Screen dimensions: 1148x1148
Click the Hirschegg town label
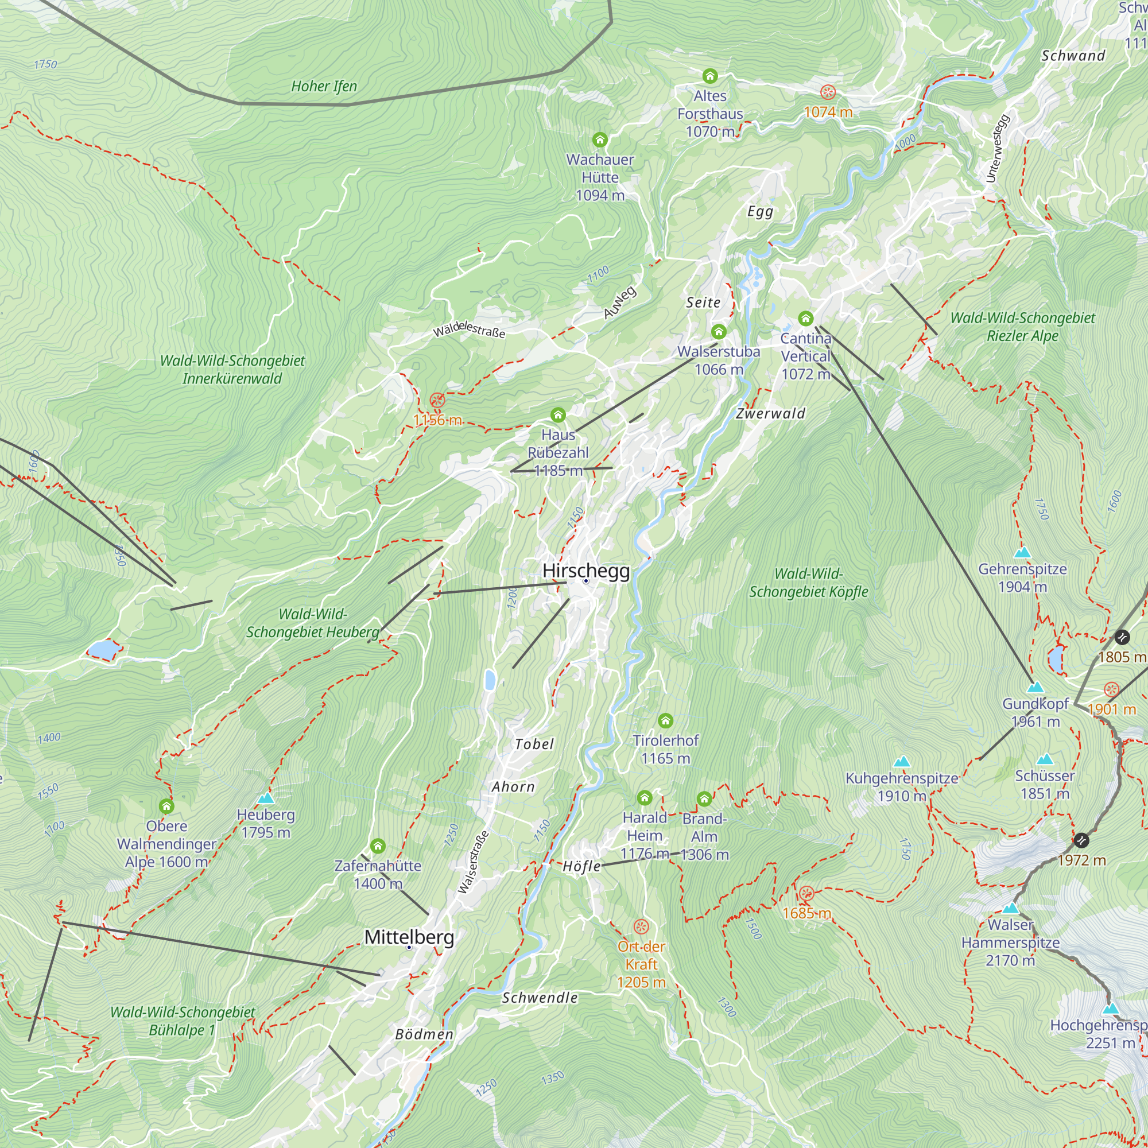(586, 571)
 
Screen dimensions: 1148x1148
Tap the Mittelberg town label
(409, 937)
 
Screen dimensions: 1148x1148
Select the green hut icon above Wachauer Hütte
(600, 140)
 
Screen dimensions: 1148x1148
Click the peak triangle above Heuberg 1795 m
(266, 798)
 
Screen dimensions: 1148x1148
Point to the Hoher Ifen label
(324, 86)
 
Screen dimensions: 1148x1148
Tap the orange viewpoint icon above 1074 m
(828, 92)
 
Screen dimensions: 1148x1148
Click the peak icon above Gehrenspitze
(1022, 553)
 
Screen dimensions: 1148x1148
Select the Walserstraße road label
(474, 862)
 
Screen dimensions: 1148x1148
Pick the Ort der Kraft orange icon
(641, 927)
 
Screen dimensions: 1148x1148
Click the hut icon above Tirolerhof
(665, 721)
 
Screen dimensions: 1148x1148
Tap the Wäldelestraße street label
(469, 329)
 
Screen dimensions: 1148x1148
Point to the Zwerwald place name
(770, 413)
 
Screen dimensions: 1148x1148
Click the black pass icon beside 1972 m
(1081, 840)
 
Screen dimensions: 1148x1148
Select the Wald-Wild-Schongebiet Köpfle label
(808, 583)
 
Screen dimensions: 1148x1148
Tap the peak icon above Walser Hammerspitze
(1010, 909)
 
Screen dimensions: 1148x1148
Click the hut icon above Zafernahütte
(378, 846)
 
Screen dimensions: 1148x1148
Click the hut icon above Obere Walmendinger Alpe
(166, 806)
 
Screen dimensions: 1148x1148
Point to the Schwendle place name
(540, 998)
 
